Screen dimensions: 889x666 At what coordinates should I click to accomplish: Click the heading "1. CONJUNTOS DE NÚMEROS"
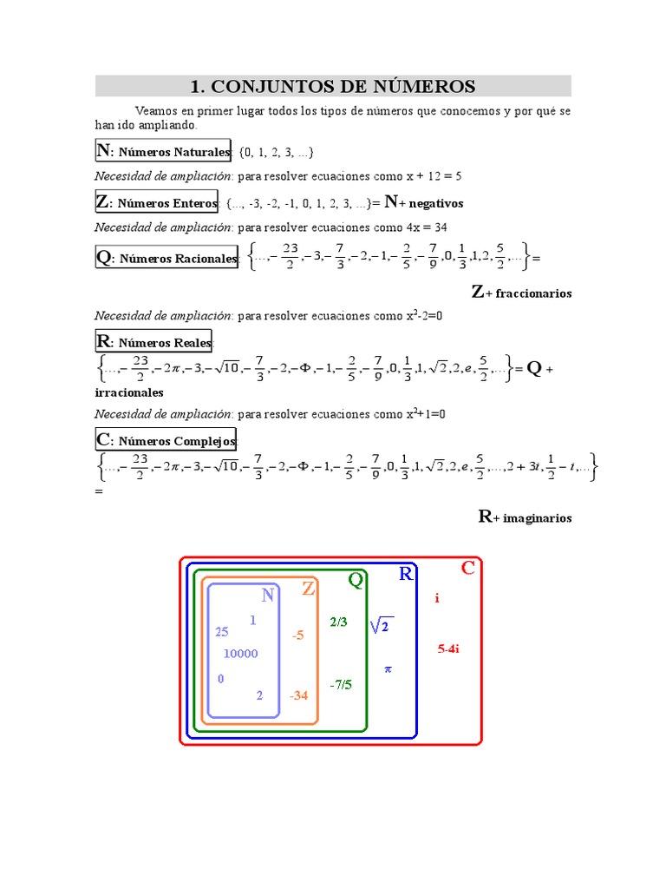[x=333, y=86]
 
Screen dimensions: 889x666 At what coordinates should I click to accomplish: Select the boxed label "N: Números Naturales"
[x=163, y=151]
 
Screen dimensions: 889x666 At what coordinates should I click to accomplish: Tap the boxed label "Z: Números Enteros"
[x=157, y=203]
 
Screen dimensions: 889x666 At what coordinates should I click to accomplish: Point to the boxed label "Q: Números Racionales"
[x=166, y=258]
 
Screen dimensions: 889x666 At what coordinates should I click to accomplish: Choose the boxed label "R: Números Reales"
[x=153, y=341]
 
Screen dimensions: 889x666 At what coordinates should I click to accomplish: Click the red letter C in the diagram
[x=467, y=569]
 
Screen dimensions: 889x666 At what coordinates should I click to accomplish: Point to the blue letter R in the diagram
[x=406, y=574]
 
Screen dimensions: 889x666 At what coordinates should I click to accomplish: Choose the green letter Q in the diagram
[x=356, y=580]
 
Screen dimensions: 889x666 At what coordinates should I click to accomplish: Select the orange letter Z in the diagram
[x=308, y=589]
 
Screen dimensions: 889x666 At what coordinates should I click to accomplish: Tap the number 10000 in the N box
[x=240, y=654]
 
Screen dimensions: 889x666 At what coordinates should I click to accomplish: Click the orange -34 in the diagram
[x=299, y=695]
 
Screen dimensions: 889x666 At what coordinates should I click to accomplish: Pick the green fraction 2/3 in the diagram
[x=338, y=622]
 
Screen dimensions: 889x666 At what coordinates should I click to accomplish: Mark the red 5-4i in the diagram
[x=448, y=648]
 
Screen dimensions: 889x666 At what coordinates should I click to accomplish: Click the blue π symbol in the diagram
[x=388, y=669]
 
